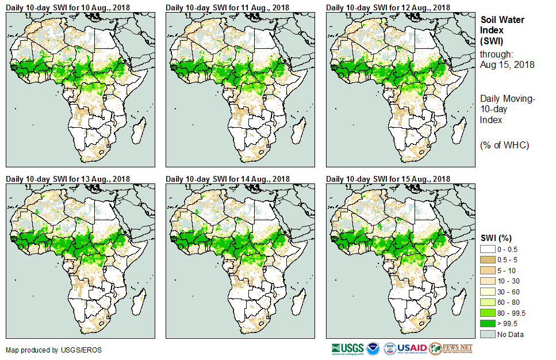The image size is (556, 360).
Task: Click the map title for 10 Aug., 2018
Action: pos(68,7)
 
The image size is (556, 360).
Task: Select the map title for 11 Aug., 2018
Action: pos(228,7)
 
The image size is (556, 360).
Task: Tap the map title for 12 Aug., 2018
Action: pos(389,7)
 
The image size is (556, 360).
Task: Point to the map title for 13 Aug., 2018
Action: pos(68,178)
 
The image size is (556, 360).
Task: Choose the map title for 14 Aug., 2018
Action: pos(228,178)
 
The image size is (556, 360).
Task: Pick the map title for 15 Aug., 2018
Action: pos(389,178)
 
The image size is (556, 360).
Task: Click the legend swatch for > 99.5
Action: pos(488,324)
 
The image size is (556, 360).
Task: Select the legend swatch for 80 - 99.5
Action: pos(488,313)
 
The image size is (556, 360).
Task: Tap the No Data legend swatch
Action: pos(488,335)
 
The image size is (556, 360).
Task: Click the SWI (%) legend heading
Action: pos(496,238)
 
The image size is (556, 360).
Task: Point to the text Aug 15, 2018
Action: pos(507,65)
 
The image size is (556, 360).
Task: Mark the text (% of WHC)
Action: pos(504,145)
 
